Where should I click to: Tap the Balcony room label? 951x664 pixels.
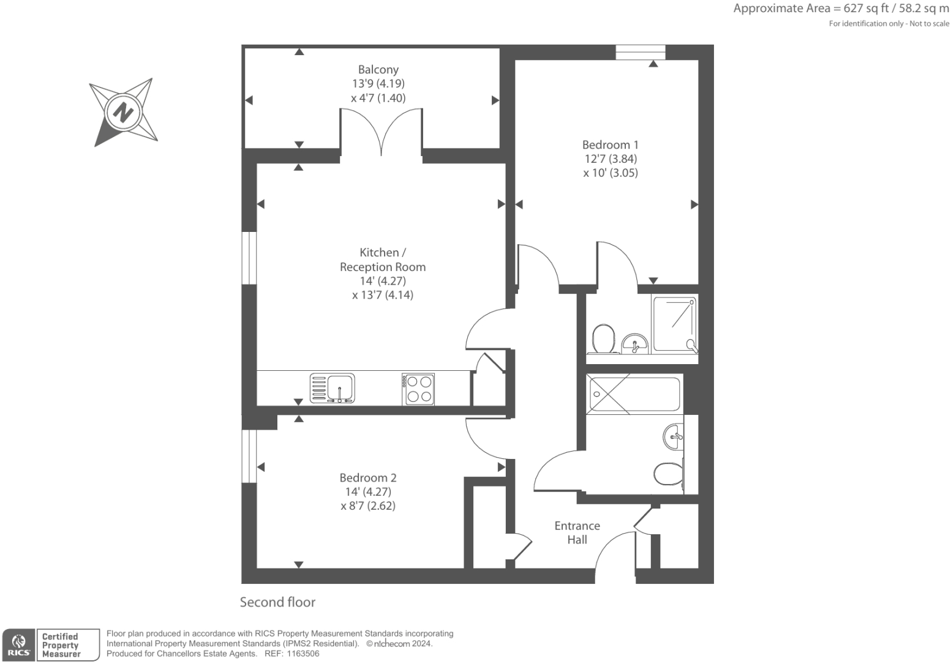[x=378, y=70]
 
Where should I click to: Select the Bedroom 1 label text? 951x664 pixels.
[x=610, y=145]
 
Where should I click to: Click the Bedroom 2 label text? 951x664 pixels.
[x=368, y=478]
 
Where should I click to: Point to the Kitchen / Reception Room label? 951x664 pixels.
[x=383, y=259]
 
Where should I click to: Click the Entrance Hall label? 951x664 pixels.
[x=577, y=532]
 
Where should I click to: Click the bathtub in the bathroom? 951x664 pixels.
[x=634, y=394]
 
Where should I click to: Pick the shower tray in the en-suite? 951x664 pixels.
[x=674, y=324]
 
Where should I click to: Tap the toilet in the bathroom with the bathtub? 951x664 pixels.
[x=669, y=473]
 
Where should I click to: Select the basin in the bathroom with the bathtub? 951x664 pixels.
[x=674, y=436]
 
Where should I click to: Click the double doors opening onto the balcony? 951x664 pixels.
[x=381, y=132]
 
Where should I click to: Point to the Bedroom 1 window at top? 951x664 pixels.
[x=640, y=53]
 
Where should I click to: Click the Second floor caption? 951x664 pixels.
[x=277, y=602]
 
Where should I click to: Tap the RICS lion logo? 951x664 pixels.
[x=18, y=645]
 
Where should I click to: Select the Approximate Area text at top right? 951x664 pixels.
[x=841, y=9]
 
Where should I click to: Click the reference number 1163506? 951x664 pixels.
[x=299, y=654]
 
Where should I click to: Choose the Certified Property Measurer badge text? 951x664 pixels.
[x=61, y=645]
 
